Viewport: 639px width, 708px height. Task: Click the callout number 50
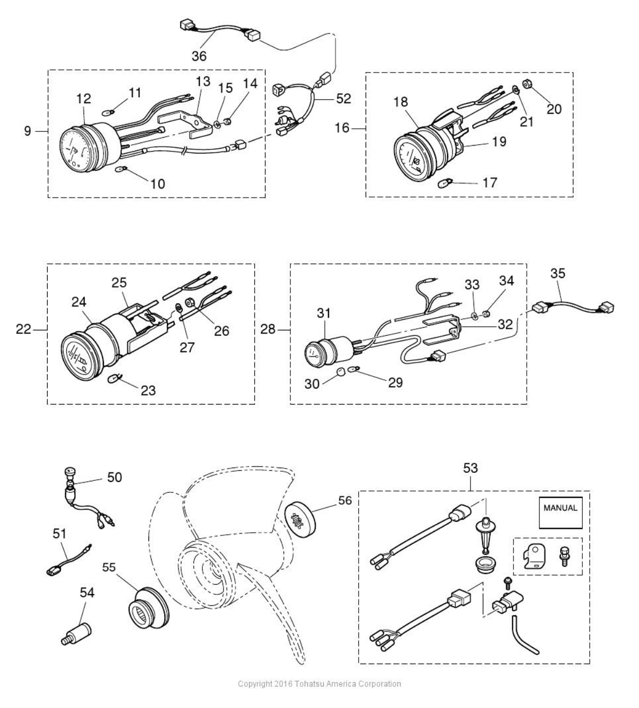(x=114, y=477)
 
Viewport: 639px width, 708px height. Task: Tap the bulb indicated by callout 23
(x=114, y=379)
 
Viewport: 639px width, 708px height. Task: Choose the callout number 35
(x=557, y=273)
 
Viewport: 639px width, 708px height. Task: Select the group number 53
(x=470, y=468)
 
